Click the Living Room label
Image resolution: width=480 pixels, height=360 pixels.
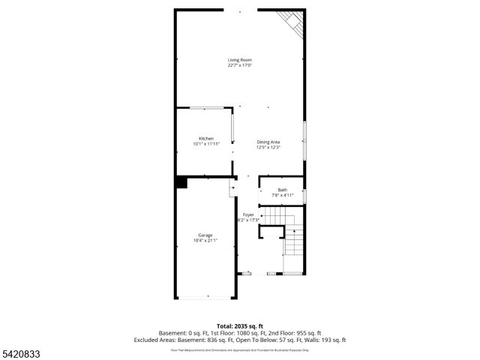pos(239,60)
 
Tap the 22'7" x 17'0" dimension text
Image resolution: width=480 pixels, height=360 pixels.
pos(239,66)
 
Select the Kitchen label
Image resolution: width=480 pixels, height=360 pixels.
pos(206,139)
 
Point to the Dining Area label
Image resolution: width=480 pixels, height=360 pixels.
pos(268,142)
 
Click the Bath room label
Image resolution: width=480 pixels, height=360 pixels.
pos(282,190)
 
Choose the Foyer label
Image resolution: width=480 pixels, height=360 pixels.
pos(247,214)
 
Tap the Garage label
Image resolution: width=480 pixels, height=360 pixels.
pos(205,235)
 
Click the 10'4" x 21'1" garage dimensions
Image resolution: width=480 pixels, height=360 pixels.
pos(205,241)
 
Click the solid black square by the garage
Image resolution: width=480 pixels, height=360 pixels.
pos(181,182)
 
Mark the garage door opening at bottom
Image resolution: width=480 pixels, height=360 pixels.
pos(205,298)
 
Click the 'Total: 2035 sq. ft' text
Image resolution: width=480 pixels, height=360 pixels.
pos(239,326)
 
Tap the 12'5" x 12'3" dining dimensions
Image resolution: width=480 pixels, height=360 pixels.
pos(268,147)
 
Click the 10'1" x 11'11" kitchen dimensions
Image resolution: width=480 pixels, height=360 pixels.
pos(206,144)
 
